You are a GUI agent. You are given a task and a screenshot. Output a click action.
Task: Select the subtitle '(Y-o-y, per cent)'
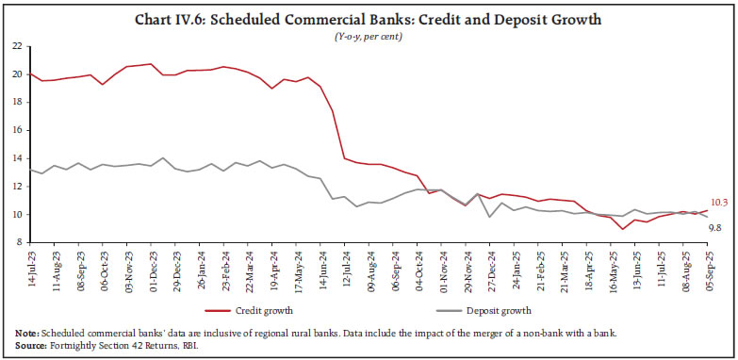(x=369, y=35)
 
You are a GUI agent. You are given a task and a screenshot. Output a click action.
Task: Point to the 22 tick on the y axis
(x=16, y=45)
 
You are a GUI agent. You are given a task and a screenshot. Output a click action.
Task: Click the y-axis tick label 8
(x=19, y=243)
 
